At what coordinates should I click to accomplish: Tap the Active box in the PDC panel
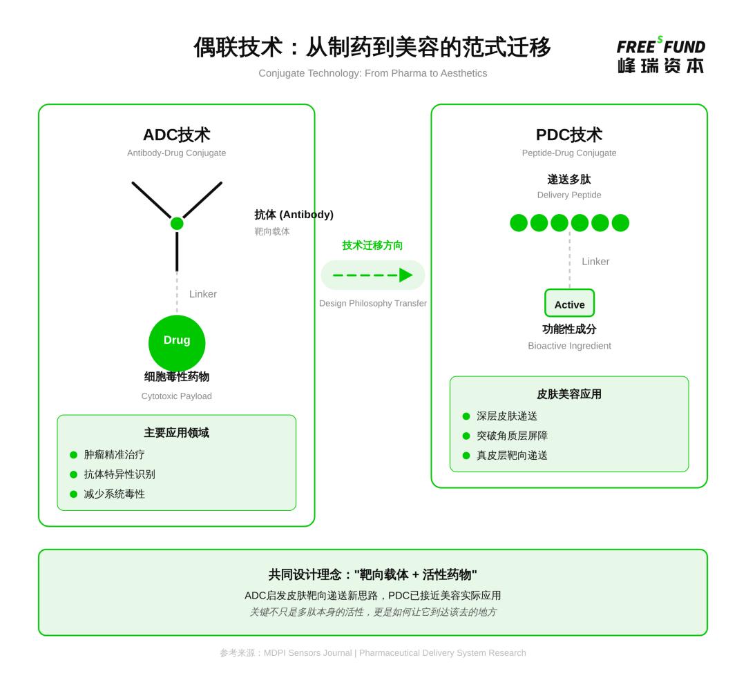[569, 304]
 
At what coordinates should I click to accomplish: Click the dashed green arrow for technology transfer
[373, 275]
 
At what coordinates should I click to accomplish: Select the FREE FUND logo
[660, 55]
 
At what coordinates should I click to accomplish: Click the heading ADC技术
[176, 135]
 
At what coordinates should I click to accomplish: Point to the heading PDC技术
[569, 135]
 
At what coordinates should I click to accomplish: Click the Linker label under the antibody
[203, 294]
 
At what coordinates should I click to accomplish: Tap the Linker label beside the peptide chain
[595, 262]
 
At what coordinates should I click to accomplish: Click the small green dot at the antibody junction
[177, 223]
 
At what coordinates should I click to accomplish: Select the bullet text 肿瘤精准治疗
[115, 454]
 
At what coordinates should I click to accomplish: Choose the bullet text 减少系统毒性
[115, 494]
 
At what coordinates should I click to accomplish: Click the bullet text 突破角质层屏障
[512, 436]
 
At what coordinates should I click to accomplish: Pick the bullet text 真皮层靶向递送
[512, 455]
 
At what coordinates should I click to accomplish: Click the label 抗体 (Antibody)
[294, 215]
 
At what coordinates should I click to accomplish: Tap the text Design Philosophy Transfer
[373, 303]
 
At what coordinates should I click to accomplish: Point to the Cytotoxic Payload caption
[177, 396]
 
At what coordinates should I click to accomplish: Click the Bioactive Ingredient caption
[569, 346]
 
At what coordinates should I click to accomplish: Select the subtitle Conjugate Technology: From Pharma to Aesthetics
[373, 73]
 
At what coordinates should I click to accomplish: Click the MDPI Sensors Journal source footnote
[373, 652]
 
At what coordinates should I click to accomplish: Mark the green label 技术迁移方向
[373, 245]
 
